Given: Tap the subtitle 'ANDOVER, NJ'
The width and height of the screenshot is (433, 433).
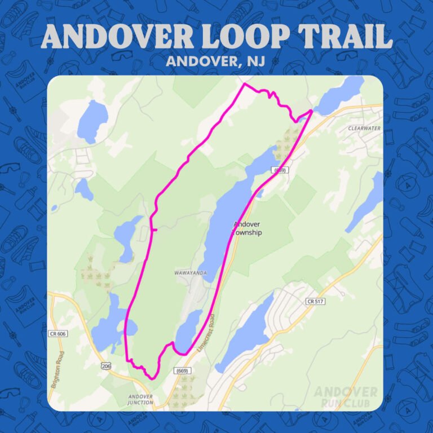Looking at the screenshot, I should [x=216, y=61].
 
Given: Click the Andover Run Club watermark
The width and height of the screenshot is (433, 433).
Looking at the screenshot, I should [x=345, y=396].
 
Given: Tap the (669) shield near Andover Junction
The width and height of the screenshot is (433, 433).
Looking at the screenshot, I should [x=182, y=371].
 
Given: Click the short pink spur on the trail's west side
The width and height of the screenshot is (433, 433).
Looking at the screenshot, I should [x=154, y=229].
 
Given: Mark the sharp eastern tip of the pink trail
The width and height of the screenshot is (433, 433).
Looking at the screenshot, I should [x=311, y=112].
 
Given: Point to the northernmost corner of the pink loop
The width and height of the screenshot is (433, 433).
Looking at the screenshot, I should [x=244, y=85].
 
